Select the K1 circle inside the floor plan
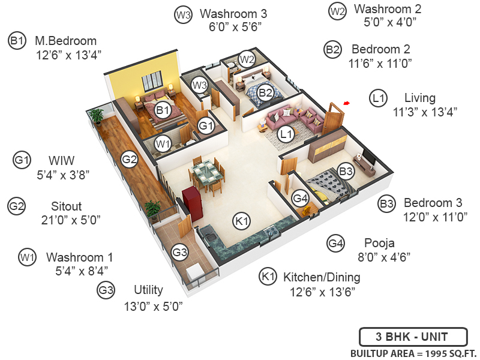tap(242, 221)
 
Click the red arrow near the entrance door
tap(346, 104)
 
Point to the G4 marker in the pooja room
tap(300, 198)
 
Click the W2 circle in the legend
tap(338, 11)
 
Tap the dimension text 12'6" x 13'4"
tap(68, 54)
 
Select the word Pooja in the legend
tap(379, 243)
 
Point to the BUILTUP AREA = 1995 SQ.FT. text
tap(413, 352)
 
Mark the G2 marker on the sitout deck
tap(130, 159)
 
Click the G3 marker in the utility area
tap(180, 253)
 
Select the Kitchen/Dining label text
tap(322, 277)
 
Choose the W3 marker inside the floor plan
tap(200, 85)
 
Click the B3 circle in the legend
tap(386, 204)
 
